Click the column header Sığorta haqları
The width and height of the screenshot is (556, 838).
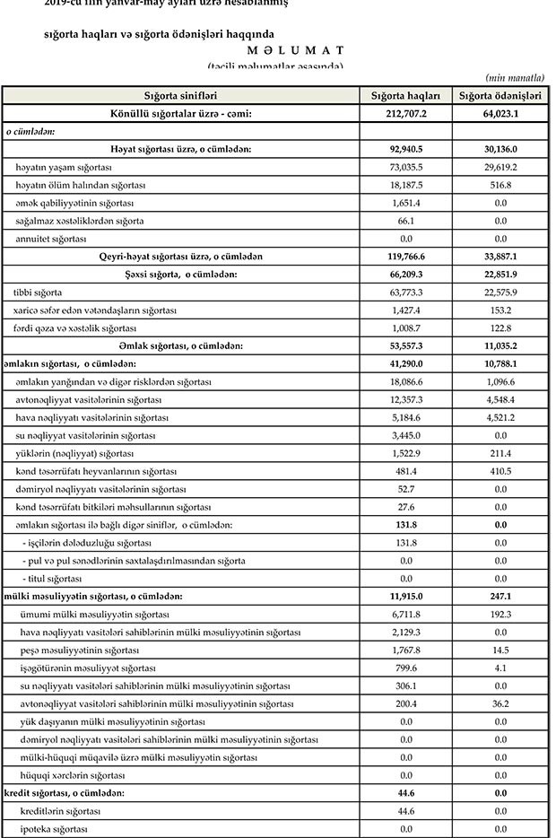pos(405,96)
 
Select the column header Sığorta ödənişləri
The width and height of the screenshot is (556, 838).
pos(500,96)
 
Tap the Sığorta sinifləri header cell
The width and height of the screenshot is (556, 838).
pos(180,96)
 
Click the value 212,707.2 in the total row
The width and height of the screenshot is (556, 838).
pos(405,114)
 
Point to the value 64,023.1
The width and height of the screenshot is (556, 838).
pos(500,114)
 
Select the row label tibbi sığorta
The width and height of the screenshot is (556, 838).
pos(38,292)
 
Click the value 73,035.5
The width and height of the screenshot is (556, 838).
pos(405,168)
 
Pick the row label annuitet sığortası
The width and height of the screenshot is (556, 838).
pos(51,239)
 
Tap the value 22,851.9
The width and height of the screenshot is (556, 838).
pos(500,275)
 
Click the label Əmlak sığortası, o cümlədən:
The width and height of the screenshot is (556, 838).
pos(180,345)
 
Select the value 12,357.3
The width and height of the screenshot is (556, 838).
pos(405,399)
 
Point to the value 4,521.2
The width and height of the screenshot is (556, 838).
pos(500,417)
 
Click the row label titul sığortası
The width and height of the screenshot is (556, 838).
pos(55,579)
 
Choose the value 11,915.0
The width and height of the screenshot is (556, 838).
pos(405,597)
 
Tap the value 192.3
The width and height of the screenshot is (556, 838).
pos(500,615)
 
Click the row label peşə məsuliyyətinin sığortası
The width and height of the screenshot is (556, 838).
pos(77,650)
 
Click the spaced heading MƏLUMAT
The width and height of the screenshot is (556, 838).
pos(268,50)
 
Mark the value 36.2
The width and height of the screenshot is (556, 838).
pos(500,704)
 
